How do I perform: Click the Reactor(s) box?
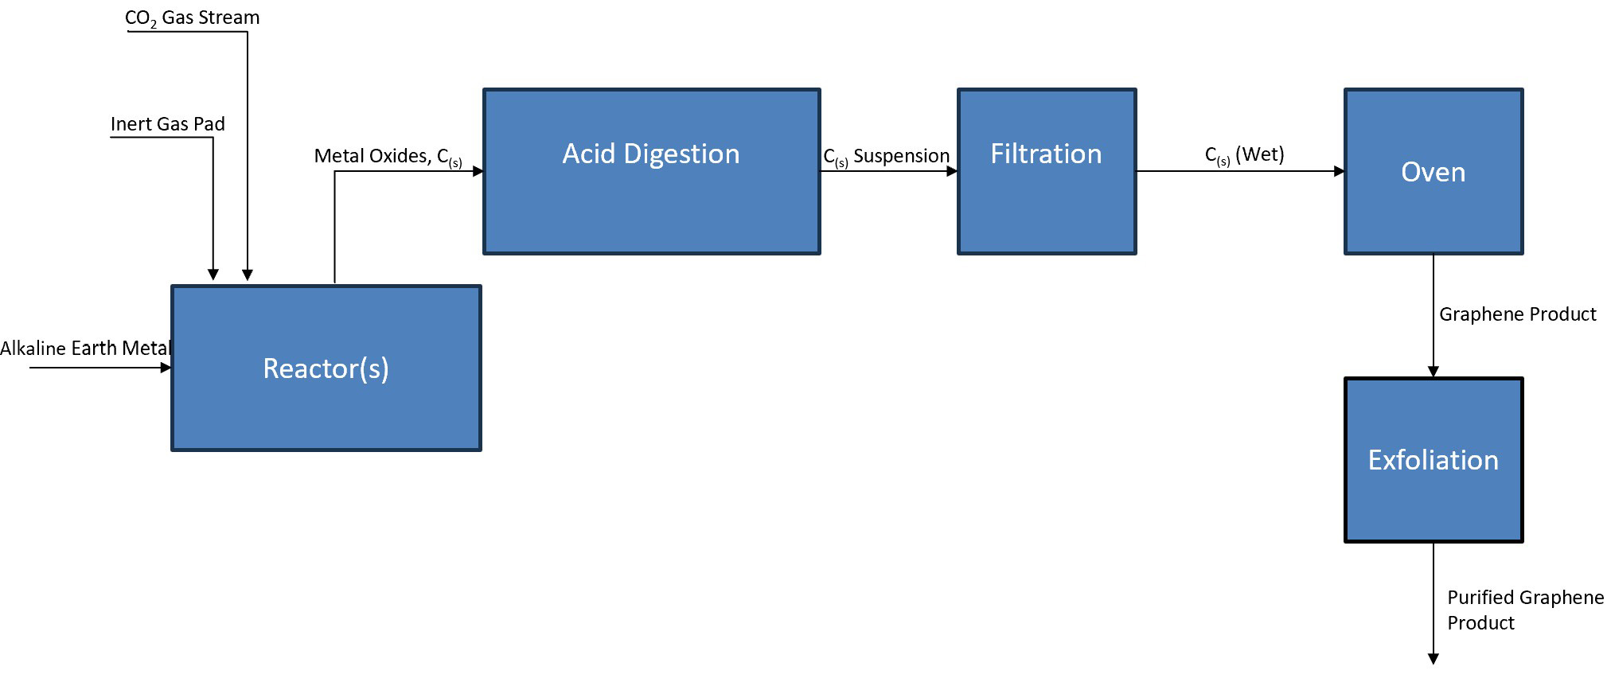click(x=326, y=368)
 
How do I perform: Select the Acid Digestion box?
click(x=651, y=171)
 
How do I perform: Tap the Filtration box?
click(x=1046, y=171)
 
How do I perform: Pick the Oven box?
click(x=1433, y=171)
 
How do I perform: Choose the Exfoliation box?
click(x=1433, y=460)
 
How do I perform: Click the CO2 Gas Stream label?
click(x=192, y=18)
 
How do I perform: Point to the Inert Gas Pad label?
click(x=167, y=124)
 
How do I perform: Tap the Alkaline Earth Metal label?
click(x=85, y=349)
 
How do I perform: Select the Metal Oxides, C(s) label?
click(x=388, y=156)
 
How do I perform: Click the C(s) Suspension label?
click(x=886, y=156)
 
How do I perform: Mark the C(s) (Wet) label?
click(x=1244, y=154)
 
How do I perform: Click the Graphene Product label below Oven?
click(x=1517, y=314)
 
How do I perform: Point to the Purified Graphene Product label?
click(x=1524, y=610)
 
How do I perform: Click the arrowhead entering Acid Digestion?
click(x=478, y=171)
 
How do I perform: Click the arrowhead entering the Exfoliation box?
click(x=1433, y=372)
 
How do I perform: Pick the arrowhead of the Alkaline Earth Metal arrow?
click(x=166, y=368)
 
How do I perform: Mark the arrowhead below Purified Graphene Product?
click(x=1433, y=659)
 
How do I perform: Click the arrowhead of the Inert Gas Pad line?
click(x=213, y=275)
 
